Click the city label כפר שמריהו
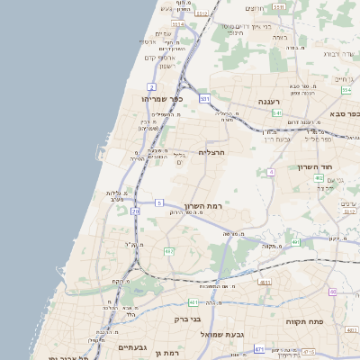pos(162,98)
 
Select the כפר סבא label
pos(345,114)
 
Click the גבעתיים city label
pos(133,346)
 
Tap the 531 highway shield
pos(205,98)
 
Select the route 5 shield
pos(159,203)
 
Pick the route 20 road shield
pos(135,211)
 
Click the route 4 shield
pos(270,171)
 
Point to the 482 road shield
pos(168,251)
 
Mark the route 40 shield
pos(333,292)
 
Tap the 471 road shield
pos(259,349)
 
